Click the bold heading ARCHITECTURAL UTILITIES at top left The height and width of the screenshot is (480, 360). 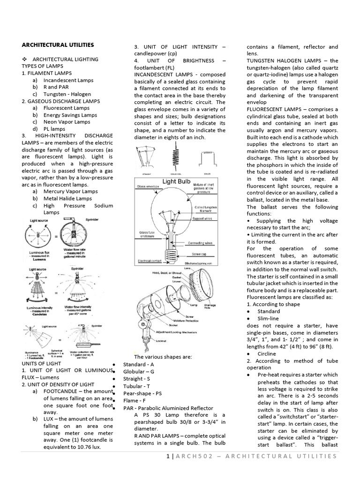pos(58,45)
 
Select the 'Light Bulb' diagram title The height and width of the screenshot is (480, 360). pos(176,181)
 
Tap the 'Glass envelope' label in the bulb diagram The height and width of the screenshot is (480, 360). pos(149,186)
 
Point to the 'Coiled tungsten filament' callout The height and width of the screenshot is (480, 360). pos(207,209)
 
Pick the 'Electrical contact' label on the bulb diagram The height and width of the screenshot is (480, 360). pos(150,261)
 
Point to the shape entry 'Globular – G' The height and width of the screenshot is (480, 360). pos(139,371)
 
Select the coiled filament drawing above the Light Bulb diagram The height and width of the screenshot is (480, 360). pos(177,154)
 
